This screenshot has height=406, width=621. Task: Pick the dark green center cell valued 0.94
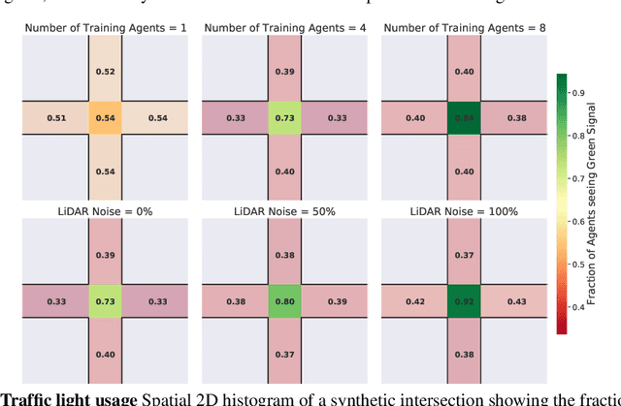pyautogui.click(x=464, y=118)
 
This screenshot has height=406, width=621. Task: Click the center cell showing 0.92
pyautogui.click(x=464, y=300)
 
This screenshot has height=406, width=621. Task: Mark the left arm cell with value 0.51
pyautogui.click(x=55, y=118)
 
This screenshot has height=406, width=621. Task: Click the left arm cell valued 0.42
pyautogui.click(x=416, y=300)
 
